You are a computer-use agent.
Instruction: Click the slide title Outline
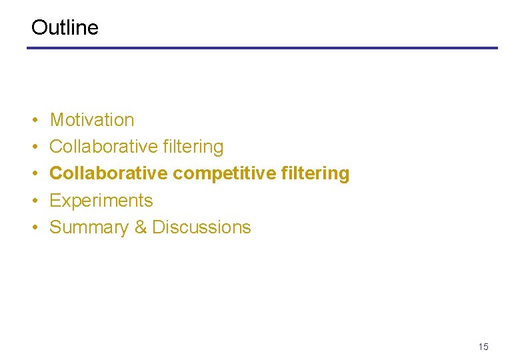65,27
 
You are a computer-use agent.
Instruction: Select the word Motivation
92,120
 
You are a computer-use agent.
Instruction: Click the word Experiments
101,201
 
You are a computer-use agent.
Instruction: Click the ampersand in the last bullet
141,227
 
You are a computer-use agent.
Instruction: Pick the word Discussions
201,227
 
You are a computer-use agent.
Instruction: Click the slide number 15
483,347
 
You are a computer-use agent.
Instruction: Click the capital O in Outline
39,27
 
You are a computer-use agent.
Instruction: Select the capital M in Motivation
57,120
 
